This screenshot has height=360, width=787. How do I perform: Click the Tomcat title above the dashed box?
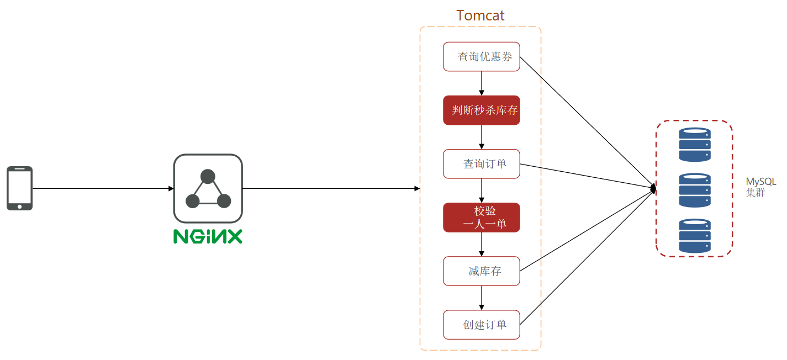point(480,15)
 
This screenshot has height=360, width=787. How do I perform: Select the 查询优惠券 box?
point(482,56)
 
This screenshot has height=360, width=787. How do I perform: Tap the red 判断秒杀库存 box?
point(482,110)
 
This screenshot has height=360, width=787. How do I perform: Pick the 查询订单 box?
point(482,164)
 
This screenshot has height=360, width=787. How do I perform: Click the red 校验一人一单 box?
point(482,218)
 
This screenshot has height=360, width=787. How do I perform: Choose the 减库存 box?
point(482,271)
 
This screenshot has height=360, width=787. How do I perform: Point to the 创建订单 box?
point(482,325)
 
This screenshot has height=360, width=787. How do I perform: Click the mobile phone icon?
point(20,188)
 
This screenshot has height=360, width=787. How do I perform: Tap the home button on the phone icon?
point(20,207)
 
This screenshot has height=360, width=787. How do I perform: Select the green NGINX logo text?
point(208,236)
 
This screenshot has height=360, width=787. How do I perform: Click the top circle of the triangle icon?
point(208,176)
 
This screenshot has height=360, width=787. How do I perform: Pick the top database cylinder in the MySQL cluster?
point(695,144)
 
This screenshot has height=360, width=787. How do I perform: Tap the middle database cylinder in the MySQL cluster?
point(695,190)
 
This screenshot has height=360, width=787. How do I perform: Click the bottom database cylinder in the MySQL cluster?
point(695,236)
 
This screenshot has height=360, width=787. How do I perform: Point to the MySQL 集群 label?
point(760,187)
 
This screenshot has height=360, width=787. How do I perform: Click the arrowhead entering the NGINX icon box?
point(171,189)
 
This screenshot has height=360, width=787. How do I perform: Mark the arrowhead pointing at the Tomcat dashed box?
point(417,189)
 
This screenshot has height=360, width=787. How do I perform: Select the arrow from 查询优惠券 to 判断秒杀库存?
point(482,83)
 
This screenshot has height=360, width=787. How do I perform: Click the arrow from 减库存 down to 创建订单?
point(482,298)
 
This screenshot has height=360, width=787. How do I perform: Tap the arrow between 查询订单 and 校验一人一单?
point(482,190)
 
